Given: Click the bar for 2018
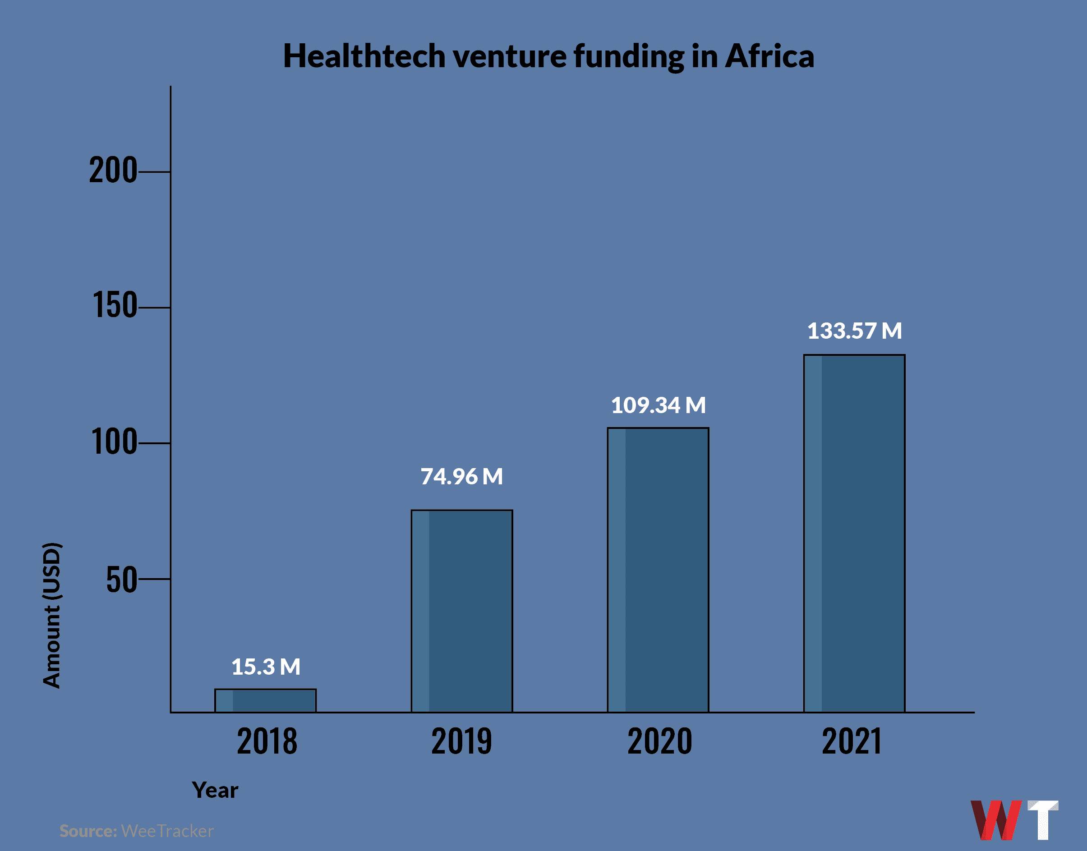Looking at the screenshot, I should (266, 700).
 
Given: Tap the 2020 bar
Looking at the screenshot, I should (658, 570).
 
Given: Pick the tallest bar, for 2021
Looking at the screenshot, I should (854, 533).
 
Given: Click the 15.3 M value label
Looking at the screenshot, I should (266, 667).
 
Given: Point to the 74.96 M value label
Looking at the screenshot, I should (462, 476).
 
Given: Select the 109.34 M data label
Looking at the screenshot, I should (658, 405).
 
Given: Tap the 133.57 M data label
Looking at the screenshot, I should (854, 331).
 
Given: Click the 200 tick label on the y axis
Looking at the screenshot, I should (113, 170).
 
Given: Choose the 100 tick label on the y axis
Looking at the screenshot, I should (114, 442).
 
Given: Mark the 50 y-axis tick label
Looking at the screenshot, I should (121, 580).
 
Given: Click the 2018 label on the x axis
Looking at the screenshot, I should (267, 741).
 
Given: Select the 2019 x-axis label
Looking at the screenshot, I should (462, 741).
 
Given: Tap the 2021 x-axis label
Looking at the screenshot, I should (852, 741).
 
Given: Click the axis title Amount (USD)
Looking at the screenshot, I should (51, 615).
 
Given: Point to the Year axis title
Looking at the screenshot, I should (215, 790).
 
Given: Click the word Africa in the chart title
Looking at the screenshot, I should (769, 56).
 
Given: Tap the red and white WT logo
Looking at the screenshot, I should (1014, 819).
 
